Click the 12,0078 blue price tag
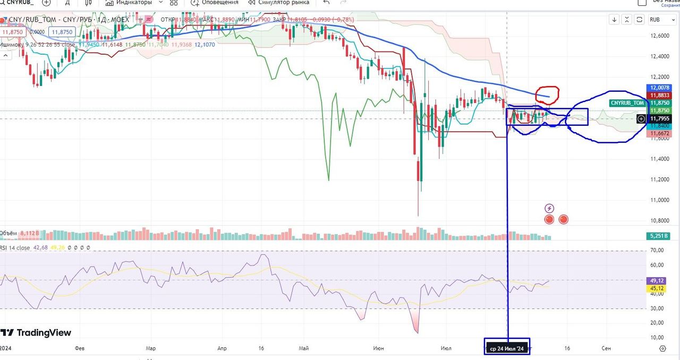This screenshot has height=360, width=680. click(659, 88)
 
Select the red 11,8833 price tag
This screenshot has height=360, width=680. click(659, 95)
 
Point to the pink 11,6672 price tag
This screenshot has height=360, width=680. click(659, 134)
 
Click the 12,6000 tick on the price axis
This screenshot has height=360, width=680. click(659, 36)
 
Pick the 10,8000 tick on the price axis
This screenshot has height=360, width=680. click(659, 220)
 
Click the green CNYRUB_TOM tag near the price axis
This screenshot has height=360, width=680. click(627, 102)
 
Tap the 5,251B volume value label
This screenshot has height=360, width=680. click(659, 236)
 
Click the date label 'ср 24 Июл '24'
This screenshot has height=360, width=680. click(507, 349)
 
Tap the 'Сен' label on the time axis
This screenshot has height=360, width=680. click(606, 349)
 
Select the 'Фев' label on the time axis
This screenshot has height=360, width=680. click(80, 349)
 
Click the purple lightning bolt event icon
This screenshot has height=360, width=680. click(550, 208)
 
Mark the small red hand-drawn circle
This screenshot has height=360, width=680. click(547, 95)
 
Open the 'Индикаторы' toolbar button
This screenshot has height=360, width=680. click(134, 3)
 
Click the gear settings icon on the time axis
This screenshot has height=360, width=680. click(662, 349)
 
